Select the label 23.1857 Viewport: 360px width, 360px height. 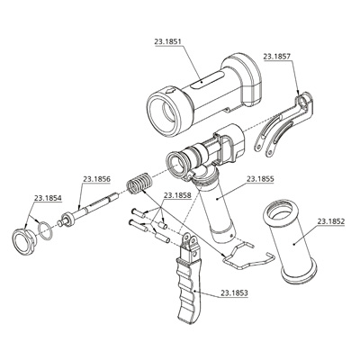[x=276, y=56]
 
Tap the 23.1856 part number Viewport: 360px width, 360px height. [x=96, y=178]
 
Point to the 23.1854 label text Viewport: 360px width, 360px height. [x=48, y=197]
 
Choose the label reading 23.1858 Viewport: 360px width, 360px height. [x=175, y=194]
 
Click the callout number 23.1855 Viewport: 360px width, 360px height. [x=260, y=178]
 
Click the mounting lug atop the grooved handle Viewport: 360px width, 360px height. [x=190, y=240]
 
